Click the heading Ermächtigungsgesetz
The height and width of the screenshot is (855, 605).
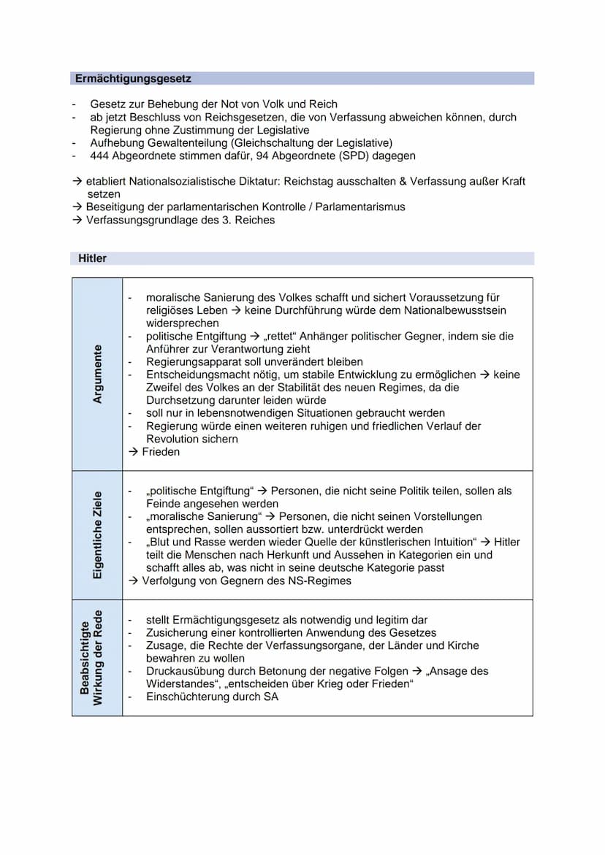[133, 78]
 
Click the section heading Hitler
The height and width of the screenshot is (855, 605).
[92, 258]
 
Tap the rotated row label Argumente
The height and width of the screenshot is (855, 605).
[98, 374]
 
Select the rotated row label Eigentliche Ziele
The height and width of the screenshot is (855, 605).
[98, 535]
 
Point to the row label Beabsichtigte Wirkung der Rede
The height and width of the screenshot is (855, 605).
[91, 657]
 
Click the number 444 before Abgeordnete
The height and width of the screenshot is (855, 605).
[100, 156]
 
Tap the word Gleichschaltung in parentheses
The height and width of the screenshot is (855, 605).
[270, 143]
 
